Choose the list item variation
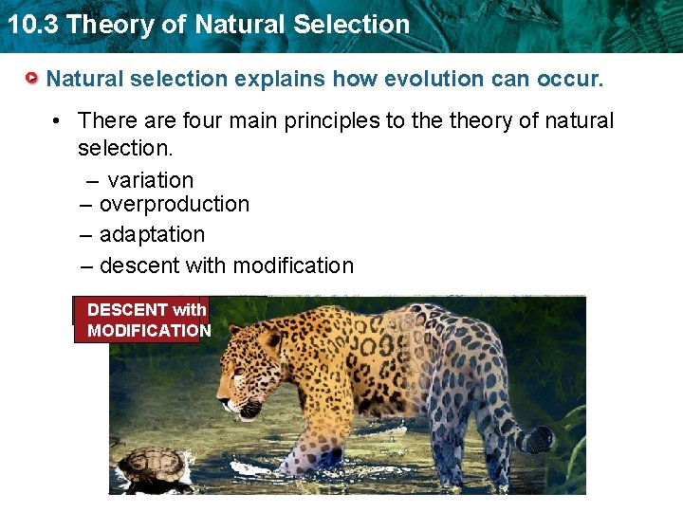tap(150, 180)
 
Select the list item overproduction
tap(174, 204)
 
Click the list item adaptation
tap(152, 234)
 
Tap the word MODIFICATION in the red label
tap(149, 330)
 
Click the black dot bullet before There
tap(59, 121)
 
